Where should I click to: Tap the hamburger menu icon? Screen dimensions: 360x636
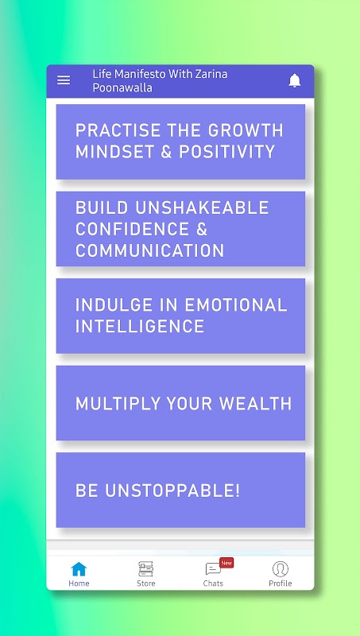[x=64, y=80]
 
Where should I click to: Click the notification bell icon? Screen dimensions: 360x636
[x=295, y=81]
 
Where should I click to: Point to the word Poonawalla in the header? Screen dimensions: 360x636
[x=122, y=87]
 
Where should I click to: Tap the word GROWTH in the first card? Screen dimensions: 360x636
[x=246, y=130]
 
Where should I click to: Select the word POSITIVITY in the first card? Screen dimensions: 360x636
[x=227, y=152]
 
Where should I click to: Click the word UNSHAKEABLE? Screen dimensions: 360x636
[x=202, y=207]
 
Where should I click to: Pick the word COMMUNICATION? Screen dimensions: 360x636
[x=149, y=250]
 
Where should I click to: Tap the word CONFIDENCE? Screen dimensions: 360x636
[x=132, y=229]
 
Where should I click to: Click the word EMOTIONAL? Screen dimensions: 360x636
[x=236, y=305]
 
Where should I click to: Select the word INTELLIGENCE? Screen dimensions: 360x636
[x=140, y=327]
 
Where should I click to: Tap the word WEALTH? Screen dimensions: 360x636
[x=255, y=404]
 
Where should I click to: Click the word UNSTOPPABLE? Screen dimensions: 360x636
[x=172, y=491]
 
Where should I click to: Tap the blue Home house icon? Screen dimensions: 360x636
[x=79, y=569]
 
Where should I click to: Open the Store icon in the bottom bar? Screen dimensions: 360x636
[x=145, y=569]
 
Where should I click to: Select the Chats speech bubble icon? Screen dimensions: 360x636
[x=213, y=569]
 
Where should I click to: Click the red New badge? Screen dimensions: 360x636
[x=226, y=563]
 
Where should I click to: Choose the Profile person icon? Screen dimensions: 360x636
[x=281, y=569]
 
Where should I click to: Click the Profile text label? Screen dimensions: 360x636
[x=281, y=584]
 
